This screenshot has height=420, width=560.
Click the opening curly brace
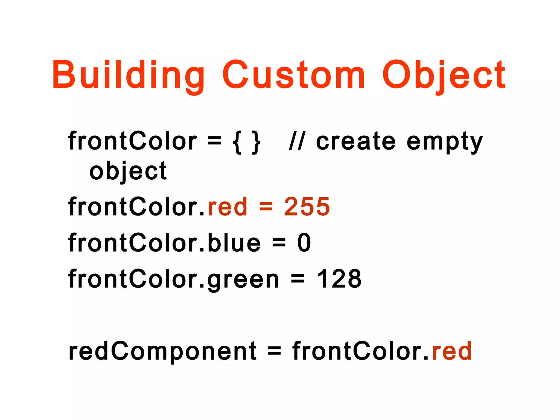[x=237, y=142]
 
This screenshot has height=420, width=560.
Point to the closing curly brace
[x=256, y=142]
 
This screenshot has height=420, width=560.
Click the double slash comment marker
[x=297, y=141]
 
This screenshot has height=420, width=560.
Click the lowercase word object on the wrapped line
[x=128, y=172]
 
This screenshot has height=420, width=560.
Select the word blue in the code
[x=234, y=243]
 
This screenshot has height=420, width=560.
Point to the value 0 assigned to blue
[x=304, y=243]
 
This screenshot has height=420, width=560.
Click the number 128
[x=339, y=279]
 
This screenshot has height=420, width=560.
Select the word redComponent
[x=162, y=351]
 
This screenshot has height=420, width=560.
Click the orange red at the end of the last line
[x=452, y=351]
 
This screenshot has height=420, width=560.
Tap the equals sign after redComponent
[x=274, y=351]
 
